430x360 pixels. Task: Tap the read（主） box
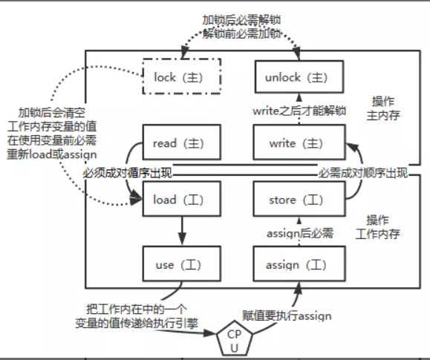pos(180,143)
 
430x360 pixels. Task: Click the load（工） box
pos(180,200)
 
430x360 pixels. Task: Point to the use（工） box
pos(180,264)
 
